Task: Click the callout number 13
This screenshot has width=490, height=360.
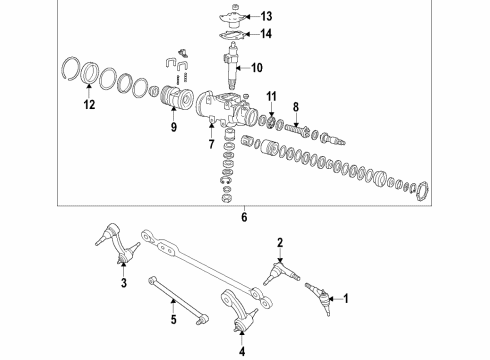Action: pos(265,16)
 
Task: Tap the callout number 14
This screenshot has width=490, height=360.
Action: pos(265,34)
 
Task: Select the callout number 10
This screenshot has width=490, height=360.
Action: pos(256,68)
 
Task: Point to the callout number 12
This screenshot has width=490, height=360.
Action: pos(91,104)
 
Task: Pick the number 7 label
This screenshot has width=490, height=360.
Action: pos(211,145)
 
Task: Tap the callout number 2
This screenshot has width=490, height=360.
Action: pos(280,241)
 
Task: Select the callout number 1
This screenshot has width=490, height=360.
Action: pos(347,297)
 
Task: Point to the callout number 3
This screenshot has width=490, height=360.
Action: pos(124,284)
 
